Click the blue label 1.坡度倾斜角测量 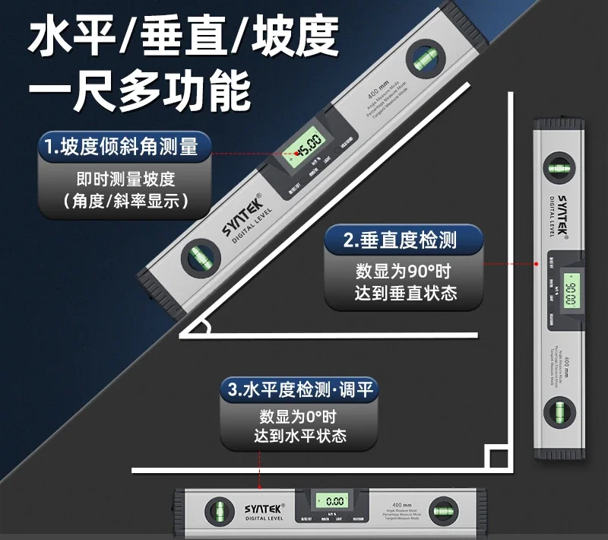tap(124, 147)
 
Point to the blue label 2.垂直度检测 tap(401, 241)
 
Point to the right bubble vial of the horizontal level tap(442, 508)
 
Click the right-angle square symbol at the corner tap(497, 459)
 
